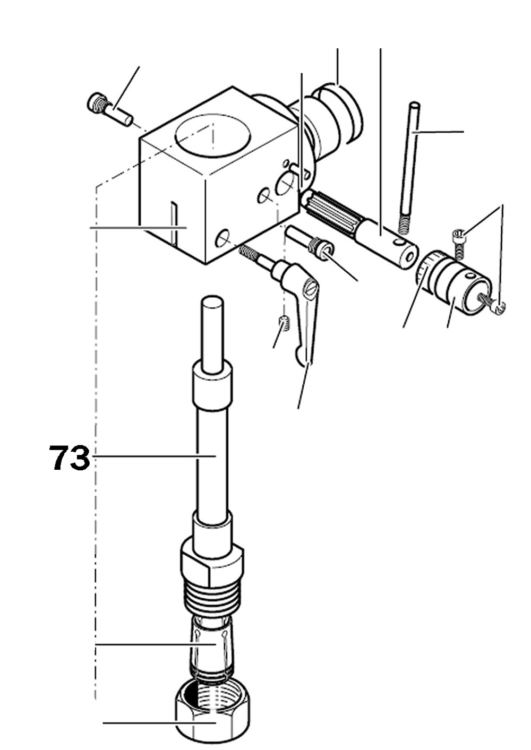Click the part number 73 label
70,458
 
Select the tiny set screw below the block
285,322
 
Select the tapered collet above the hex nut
211,645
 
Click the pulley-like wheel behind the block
340,114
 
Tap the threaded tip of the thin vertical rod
406,223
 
